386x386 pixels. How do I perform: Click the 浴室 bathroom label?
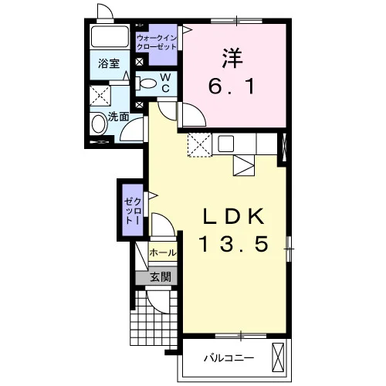click(109, 63)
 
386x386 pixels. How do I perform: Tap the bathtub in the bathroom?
click(110, 36)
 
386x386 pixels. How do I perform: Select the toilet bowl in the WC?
click(146, 83)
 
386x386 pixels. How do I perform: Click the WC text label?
click(166, 83)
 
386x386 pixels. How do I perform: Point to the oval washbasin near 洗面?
click(100, 124)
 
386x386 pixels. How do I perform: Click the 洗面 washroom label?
click(118, 117)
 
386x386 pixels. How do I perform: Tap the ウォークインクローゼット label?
click(157, 42)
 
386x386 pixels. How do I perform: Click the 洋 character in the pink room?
click(232, 58)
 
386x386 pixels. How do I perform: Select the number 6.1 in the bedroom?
click(232, 86)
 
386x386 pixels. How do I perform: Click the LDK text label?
click(234, 216)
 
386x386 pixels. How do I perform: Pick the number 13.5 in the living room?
click(234, 244)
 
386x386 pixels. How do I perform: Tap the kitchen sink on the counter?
click(226, 144)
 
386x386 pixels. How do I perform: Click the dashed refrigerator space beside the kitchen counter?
click(200, 144)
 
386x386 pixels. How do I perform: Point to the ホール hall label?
click(163, 252)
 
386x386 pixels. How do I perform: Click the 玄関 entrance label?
click(161, 277)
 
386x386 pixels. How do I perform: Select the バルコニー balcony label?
click(229, 358)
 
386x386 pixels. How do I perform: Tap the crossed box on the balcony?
click(278, 357)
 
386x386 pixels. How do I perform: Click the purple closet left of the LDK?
click(133, 210)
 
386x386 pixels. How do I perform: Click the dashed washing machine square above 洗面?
click(100, 96)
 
